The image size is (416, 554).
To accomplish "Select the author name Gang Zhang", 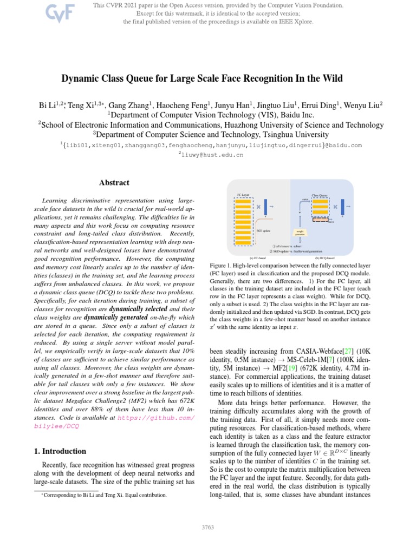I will tap(128, 104).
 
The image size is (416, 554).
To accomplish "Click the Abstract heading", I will tap(114, 183).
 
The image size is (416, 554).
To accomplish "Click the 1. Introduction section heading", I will tap(56, 451).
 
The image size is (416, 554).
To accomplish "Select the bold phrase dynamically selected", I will tap(140, 309).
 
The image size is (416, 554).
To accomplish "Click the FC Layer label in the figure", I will tap(243, 194).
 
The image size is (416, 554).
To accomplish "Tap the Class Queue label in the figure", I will tap(320, 195).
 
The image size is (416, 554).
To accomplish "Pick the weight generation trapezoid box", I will tap(300, 233).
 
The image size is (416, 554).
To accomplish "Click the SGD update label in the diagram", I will tap(263, 230).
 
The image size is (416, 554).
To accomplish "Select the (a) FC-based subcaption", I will tap(258, 258).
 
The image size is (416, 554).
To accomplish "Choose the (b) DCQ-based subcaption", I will tap(324, 258).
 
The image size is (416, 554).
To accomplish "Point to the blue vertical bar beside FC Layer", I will tap(266, 207).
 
